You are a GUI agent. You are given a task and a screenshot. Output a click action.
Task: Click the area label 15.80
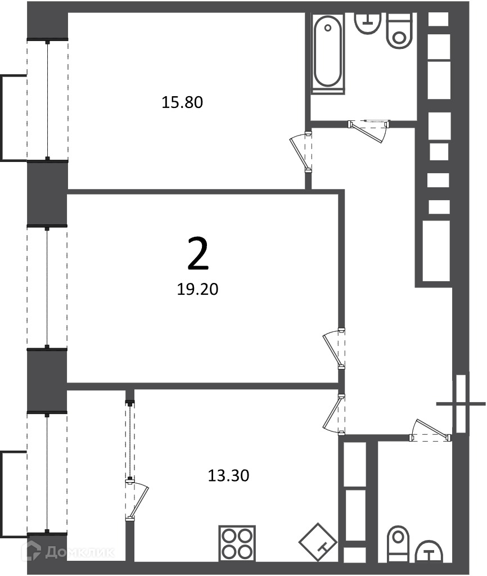[182, 102]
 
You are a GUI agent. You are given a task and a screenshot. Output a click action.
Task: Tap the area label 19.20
[197, 290]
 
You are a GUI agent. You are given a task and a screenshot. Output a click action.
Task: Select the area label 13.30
[228, 476]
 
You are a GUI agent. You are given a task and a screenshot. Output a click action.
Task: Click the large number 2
[198, 254]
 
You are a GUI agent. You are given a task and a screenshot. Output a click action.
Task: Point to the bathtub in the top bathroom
[328, 52]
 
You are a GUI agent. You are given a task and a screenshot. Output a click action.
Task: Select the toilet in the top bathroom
[399, 31]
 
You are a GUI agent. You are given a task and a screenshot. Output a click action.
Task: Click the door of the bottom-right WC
[430, 430]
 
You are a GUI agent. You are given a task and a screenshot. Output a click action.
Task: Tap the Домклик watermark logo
[69, 552]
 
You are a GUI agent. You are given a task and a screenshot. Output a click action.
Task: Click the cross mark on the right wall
[461, 404]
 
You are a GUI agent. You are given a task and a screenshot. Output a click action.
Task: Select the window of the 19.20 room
[47, 287]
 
